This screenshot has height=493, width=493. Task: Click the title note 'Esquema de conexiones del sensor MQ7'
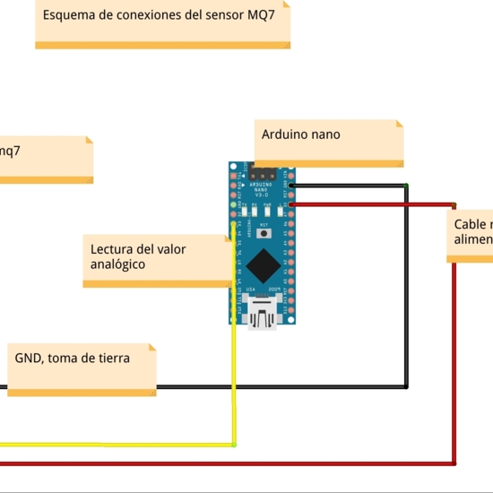click(162, 23)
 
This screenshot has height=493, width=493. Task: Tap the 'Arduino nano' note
click(328, 142)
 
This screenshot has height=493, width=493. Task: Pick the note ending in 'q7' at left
click(45, 159)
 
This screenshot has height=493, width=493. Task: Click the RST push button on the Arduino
click(264, 233)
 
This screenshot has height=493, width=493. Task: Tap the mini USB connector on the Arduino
click(264, 315)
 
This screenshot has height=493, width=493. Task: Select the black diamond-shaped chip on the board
click(264, 265)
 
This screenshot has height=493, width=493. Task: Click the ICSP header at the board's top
click(264, 174)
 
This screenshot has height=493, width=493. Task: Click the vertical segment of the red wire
click(454, 359)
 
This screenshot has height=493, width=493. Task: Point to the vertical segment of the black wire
click(407, 287)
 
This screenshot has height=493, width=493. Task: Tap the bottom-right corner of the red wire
click(454, 463)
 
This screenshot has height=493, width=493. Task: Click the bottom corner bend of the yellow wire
click(234, 444)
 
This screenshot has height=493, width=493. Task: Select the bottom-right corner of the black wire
click(407, 387)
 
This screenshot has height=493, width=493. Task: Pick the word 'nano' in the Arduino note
click(325, 134)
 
